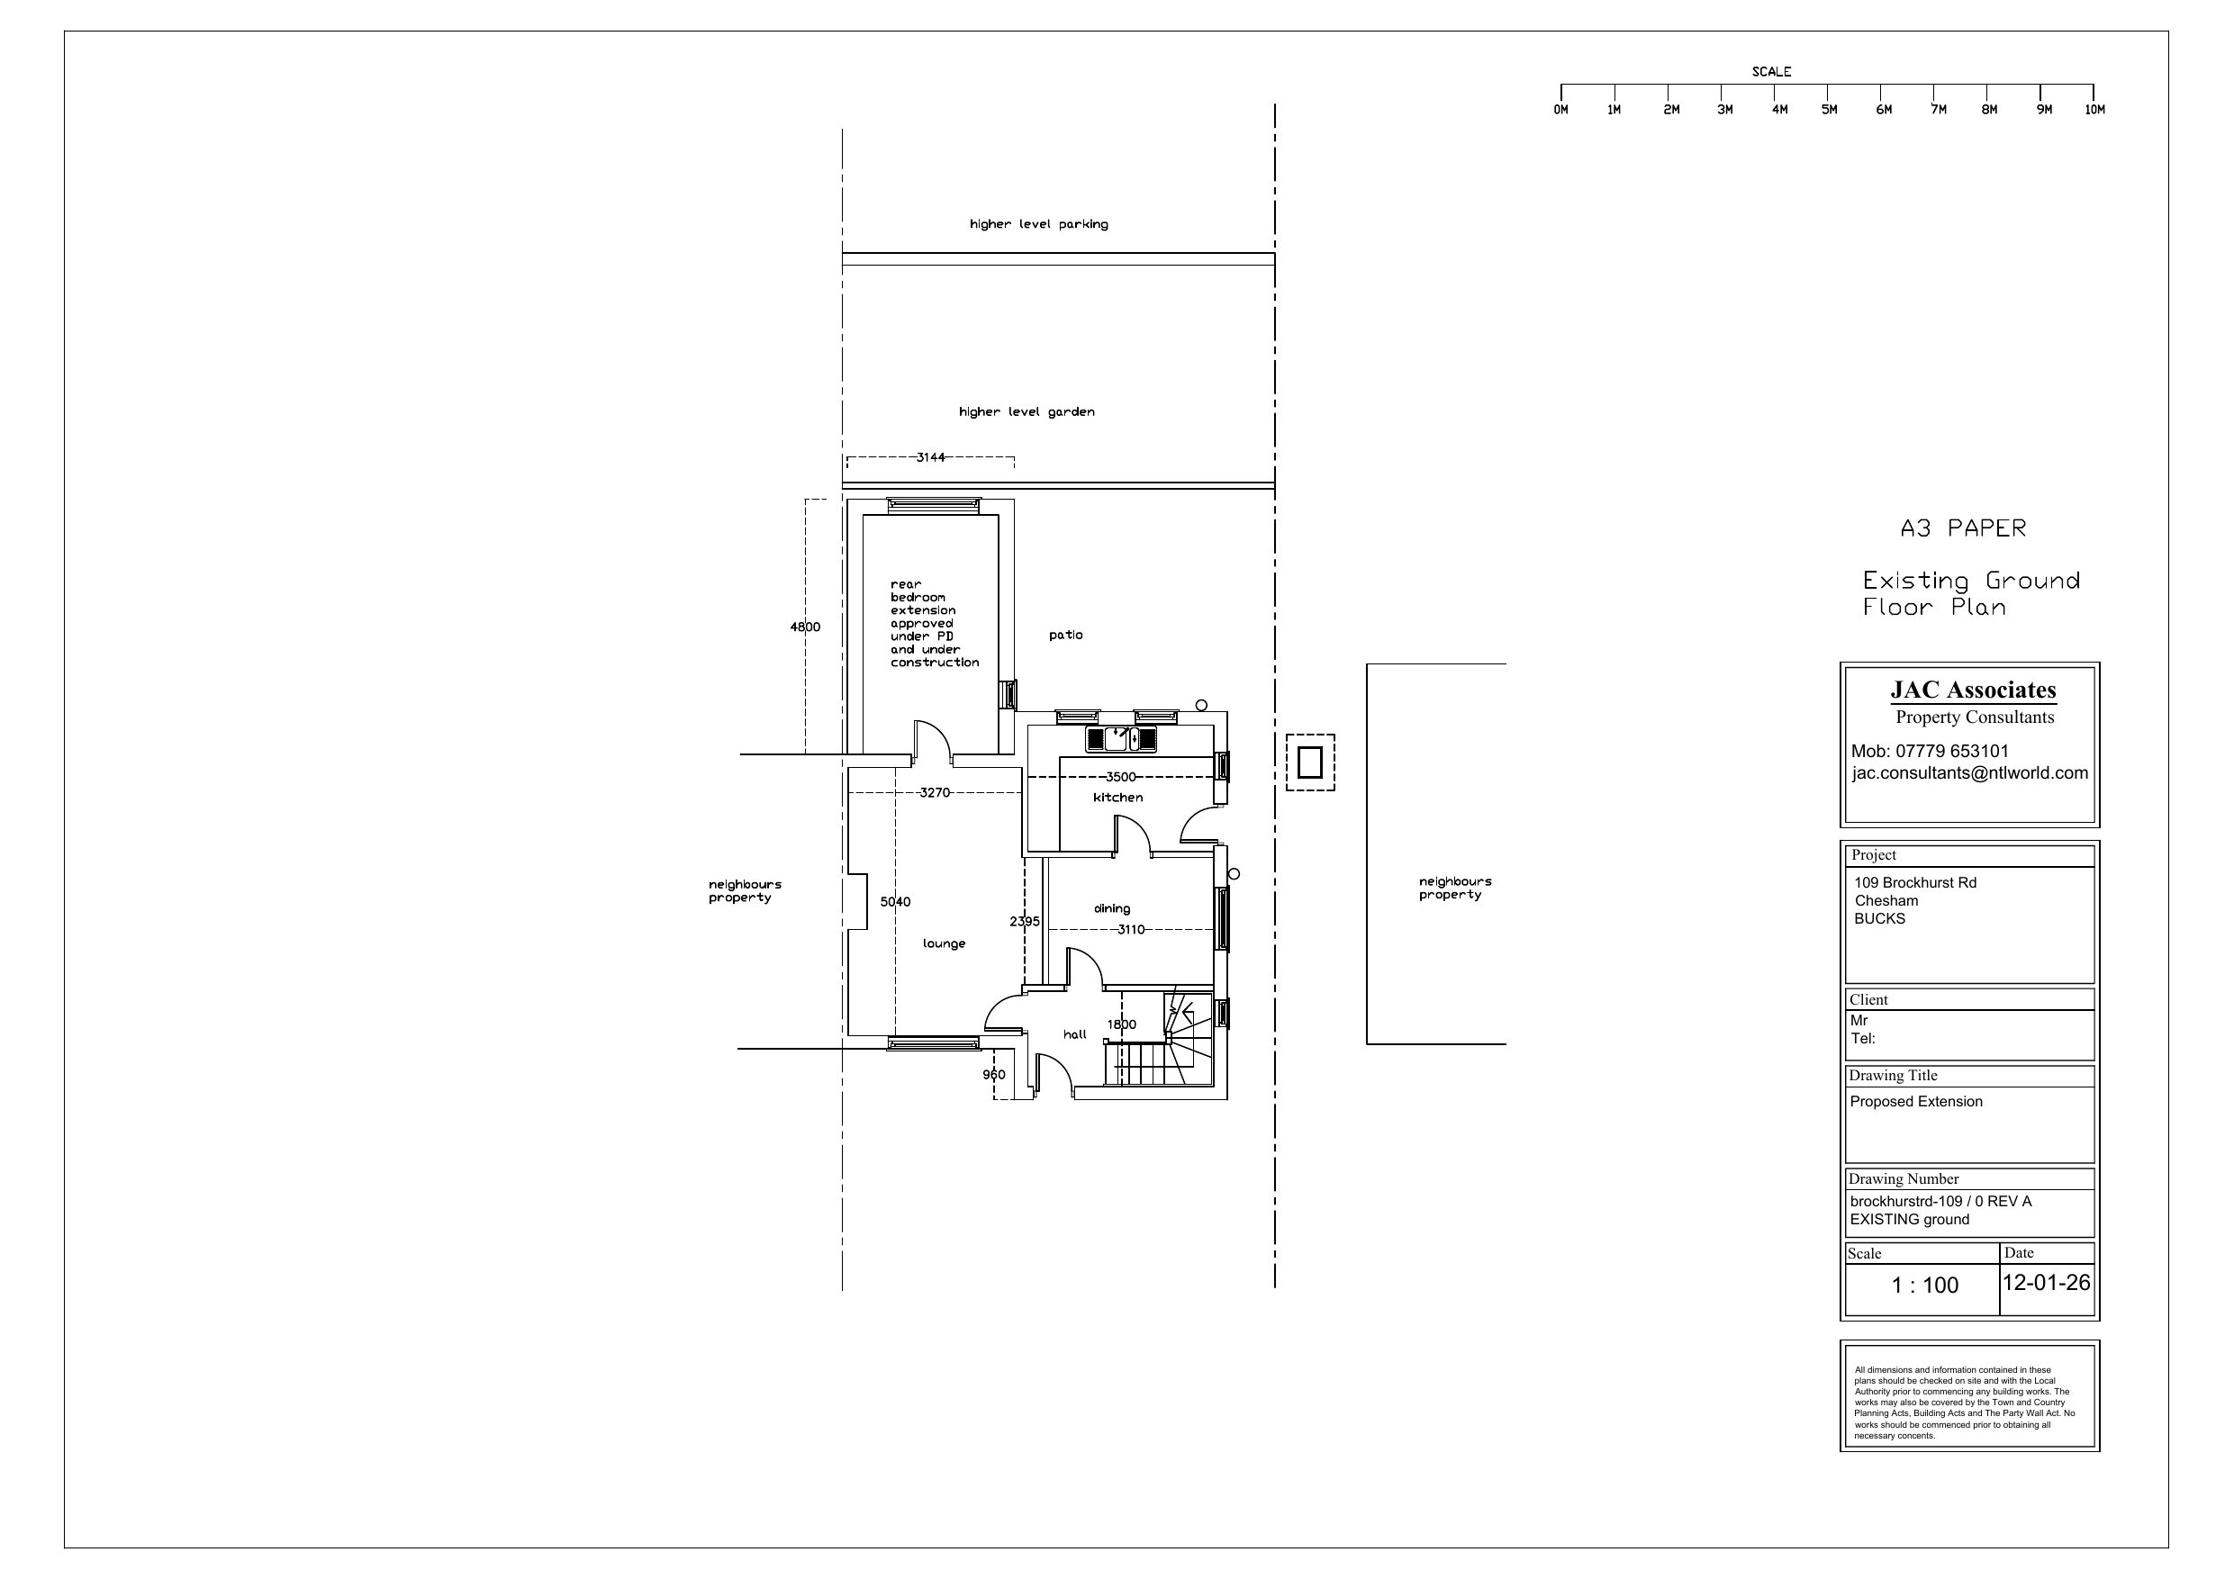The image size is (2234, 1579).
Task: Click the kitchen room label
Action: (1118, 798)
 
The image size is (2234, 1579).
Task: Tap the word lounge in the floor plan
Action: (944, 943)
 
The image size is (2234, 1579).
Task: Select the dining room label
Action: (1112, 908)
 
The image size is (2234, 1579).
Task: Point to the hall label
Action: (1075, 1034)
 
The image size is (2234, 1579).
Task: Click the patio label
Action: (1065, 636)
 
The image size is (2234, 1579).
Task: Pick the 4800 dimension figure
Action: (805, 627)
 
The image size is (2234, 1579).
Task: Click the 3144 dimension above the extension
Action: (930, 457)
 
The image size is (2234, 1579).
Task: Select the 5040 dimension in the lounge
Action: (895, 902)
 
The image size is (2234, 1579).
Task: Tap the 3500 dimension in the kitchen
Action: (1121, 777)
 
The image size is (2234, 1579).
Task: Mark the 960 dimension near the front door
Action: (993, 1075)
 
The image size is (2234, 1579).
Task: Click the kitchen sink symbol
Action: (1122, 739)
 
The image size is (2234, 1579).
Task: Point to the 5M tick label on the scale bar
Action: (1829, 110)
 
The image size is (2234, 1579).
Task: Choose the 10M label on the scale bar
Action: (2094, 110)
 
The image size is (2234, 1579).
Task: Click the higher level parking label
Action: (1039, 225)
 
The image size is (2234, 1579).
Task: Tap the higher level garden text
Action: (1027, 412)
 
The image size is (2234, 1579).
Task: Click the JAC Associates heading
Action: (1973, 690)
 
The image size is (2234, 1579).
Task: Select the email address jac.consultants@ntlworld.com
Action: (1970, 773)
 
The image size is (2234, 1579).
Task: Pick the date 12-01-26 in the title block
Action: (2046, 1282)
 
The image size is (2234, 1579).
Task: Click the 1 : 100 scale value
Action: (1924, 1286)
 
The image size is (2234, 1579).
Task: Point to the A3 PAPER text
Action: (1964, 528)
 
